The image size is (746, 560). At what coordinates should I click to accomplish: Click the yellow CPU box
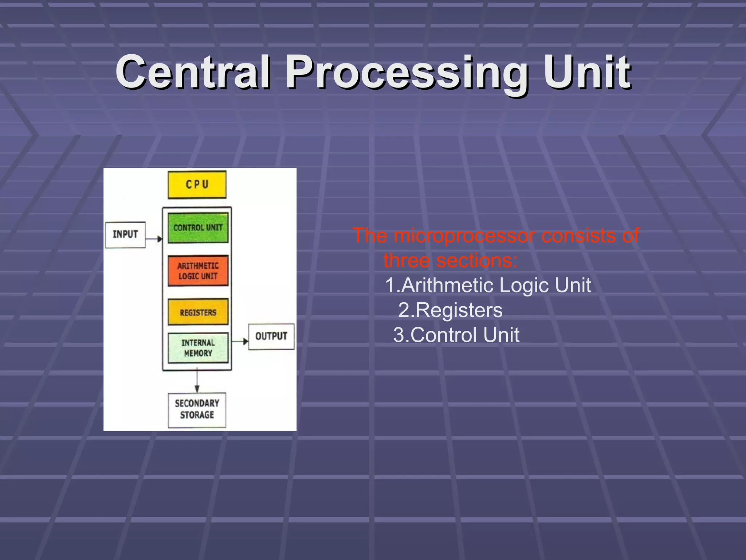tap(197, 184)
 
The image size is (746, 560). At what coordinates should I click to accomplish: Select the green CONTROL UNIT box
tap(198, 228)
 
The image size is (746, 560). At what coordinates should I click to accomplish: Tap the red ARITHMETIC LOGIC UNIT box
tap(198, 271)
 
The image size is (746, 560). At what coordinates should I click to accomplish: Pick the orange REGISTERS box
tap(198, 312)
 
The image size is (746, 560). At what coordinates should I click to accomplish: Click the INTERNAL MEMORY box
tap(198, 348)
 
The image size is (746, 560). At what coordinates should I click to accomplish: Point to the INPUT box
tap(125, 234)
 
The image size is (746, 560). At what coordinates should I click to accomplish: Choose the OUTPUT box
tap(271, 336)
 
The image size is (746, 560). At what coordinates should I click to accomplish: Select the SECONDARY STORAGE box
tap(197, 409)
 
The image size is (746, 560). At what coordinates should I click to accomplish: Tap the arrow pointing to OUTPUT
tap(240, 341)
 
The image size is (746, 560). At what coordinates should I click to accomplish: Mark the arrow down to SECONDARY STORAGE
tap(197, 381)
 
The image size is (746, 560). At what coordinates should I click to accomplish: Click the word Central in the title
tap(193, 72)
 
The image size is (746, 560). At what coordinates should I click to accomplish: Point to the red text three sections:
tap(450, 260)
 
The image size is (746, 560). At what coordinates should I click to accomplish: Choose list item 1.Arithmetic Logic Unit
tap(488, 285)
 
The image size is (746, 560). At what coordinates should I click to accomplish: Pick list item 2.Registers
tap(450, 310)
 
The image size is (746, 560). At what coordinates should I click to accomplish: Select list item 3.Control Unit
tap(456, 335)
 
